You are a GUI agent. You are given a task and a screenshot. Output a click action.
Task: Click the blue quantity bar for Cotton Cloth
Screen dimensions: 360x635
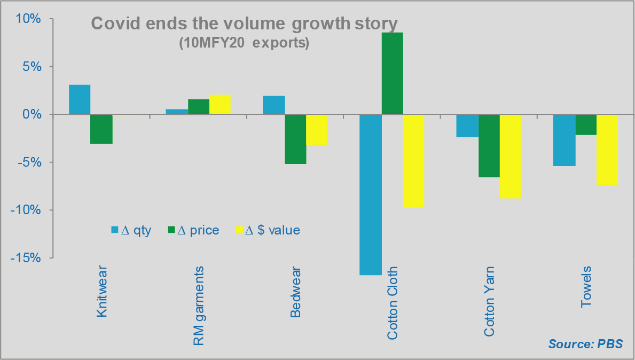tap(370, 194)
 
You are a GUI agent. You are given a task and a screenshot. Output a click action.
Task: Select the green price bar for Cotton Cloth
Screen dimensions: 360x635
tap(392, 74)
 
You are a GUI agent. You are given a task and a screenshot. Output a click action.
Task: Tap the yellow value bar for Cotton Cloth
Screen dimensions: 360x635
tap(413, 160)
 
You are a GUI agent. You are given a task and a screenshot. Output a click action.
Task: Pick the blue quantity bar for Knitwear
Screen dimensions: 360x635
tap(80, 99)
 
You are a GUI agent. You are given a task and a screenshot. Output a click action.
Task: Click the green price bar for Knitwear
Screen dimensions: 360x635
tap(101, 129)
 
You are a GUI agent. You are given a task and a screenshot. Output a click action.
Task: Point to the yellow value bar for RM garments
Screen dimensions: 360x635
tap(219, 105)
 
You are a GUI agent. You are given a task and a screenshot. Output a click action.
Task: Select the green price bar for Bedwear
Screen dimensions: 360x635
tap(295, 139)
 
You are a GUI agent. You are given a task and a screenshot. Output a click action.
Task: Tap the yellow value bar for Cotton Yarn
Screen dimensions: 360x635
tap(510, 156)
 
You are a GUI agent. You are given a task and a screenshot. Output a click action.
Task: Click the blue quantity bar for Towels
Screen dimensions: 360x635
tap(564, 140)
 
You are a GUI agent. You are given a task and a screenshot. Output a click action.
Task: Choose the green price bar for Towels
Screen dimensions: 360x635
tap(586, 124)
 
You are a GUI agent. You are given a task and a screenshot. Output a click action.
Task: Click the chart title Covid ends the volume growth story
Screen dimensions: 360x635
tap(245, 24)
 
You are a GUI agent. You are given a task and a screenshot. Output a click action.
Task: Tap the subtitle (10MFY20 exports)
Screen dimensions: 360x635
tap(244, 43)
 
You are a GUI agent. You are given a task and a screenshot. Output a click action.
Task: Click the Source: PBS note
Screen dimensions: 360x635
tap(585, 343)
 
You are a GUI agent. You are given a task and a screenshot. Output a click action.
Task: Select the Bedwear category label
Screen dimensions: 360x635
tap(295, 291)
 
